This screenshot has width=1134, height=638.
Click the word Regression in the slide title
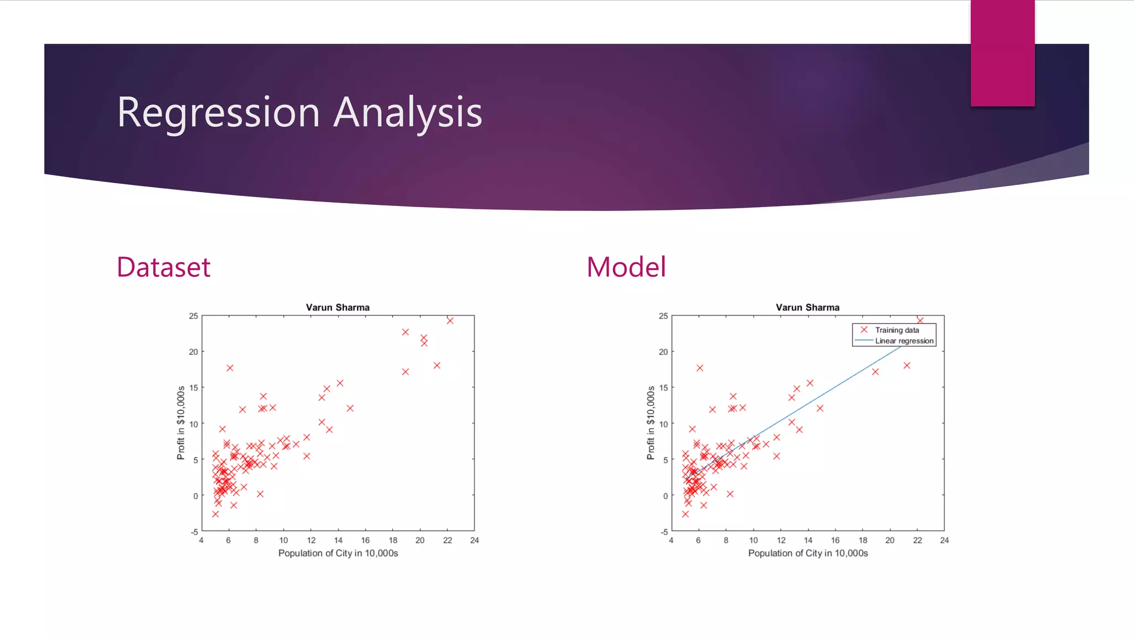point(218,112)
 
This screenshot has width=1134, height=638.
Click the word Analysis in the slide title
point(409,112)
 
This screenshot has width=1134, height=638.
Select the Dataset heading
point(163,267)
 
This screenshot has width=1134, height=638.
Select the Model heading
point(626,267)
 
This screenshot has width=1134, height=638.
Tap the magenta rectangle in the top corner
point(1002,53)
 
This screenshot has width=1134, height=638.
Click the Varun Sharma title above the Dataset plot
point(338,307)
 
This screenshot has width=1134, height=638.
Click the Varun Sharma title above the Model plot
point(807,307)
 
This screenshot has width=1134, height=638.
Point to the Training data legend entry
point(896,330)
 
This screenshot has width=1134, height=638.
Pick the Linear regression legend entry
point(904,341)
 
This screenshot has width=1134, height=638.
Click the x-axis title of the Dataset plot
point(338,553)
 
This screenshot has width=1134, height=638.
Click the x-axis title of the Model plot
point(808,553)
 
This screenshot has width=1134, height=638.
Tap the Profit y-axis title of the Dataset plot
point(181,423)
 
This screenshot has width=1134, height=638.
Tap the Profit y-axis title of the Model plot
point(651,423)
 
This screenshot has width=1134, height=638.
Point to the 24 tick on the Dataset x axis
point(475,541)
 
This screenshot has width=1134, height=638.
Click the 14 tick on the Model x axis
point(808,541)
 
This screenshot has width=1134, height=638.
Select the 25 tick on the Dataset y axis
point(193,316)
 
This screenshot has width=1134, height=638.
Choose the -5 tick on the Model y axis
point(664,532)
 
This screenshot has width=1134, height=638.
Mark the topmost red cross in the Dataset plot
point(450,321)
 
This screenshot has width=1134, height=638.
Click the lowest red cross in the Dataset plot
point(215,514)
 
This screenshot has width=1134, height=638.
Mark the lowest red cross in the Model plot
point(685,514)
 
